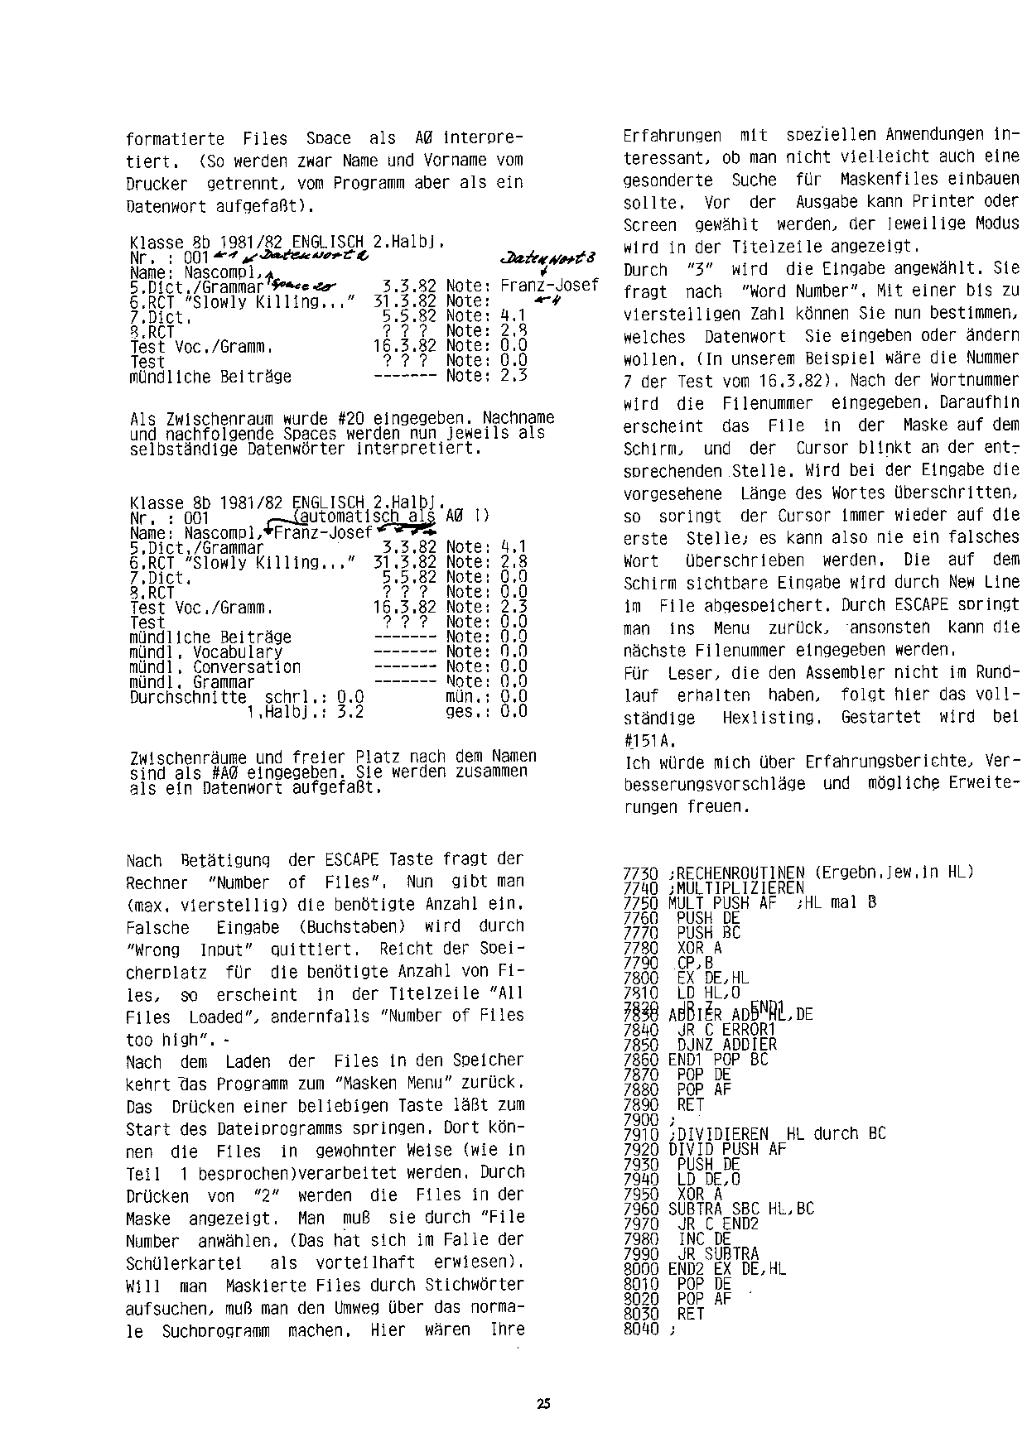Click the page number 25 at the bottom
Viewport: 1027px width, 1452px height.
[543, 1403]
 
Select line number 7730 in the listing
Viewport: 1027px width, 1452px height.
[639, 873]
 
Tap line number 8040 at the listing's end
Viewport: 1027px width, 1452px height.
[639, 1329]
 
